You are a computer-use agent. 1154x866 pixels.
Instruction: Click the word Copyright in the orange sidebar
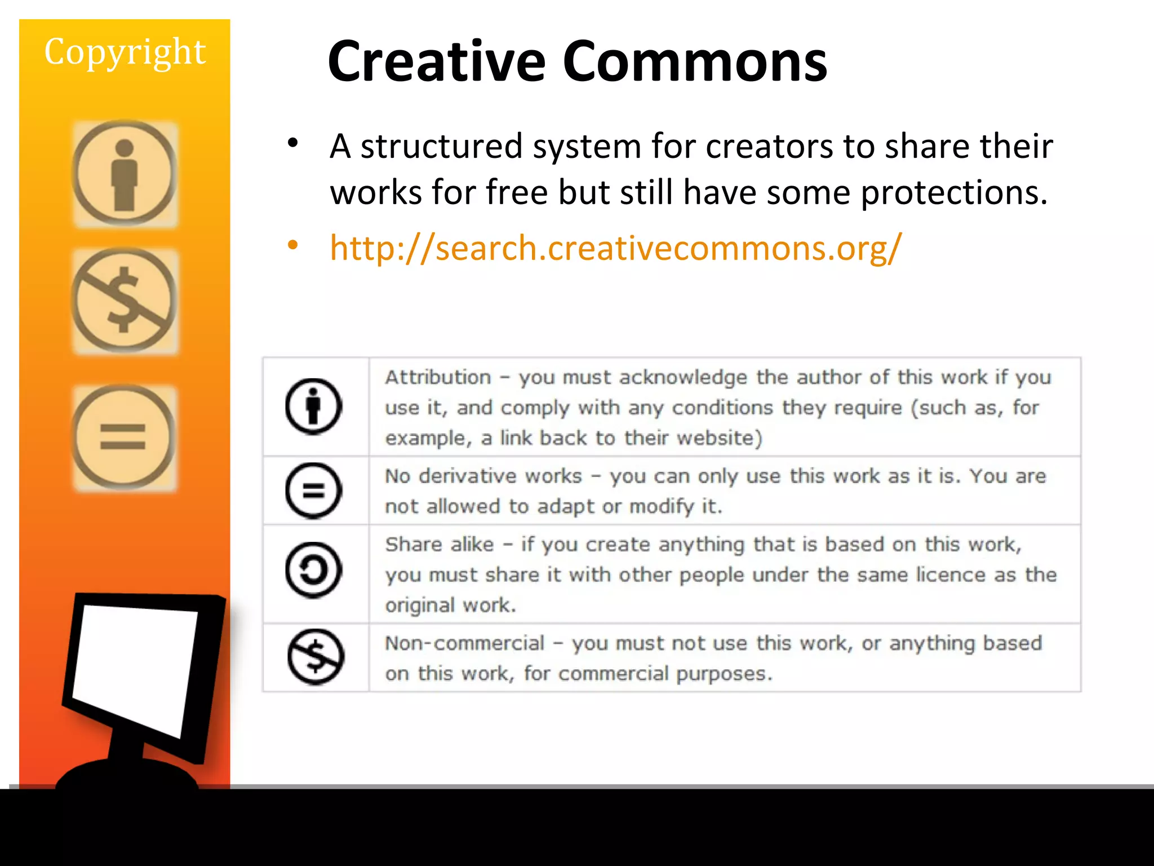pyautogui.click(x=125, y=52)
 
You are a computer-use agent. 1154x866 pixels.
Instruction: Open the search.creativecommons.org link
pyautogui.click(x=615, y=248)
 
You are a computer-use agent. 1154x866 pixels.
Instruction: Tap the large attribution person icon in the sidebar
pyautogui.click(x=125, y=174)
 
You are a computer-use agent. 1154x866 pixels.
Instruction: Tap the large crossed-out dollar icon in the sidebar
pyautogui.click(x=125, y=301)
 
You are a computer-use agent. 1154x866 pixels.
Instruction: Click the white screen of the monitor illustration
pyautogui.click(x=135, y=665)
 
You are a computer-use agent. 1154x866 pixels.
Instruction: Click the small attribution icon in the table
pyautogui.click(x=314, y=406)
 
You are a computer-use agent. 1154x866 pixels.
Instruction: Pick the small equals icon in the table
pyautogui.click(x=314, y=491)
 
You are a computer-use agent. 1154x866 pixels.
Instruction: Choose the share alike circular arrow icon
pyautogui.click(x=314, y=570)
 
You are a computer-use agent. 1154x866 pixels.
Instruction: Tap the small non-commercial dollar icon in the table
pyautogui.click(x=316, y=657)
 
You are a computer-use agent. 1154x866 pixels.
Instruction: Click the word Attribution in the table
pyautogui.click(x=438, y=377)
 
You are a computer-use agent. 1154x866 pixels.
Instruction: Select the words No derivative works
pyautogui.click(x=483, y=476)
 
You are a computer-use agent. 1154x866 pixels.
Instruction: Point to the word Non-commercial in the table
pyautogui.click(x=465, y=643)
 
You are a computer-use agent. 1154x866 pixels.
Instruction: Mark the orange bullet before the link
pyautogui.click(x=292, y=245)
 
